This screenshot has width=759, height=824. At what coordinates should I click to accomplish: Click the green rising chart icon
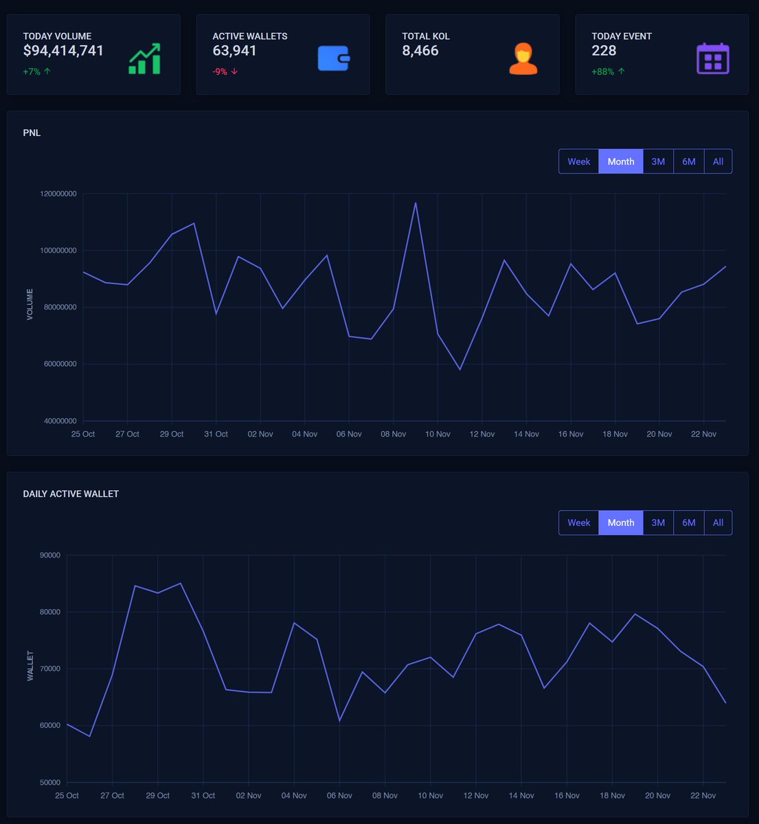tap(144, 59)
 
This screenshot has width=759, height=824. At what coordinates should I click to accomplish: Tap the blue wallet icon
tap(334, 59)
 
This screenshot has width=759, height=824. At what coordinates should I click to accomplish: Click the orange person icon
tap(523, 59)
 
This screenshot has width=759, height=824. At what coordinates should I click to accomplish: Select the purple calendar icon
tap(713, 59)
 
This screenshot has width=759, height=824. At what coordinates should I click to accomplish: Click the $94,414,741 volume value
tap(63, 51)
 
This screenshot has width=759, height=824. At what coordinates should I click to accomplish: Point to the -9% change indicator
tap(225, 71)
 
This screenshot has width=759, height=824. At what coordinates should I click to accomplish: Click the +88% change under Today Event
tap(608, 71)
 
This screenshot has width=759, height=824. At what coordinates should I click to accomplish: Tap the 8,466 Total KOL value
tap(420, 51)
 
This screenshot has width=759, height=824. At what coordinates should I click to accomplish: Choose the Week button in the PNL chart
tap(578, 161)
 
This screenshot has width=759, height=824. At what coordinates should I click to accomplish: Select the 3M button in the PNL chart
tap(658, 161)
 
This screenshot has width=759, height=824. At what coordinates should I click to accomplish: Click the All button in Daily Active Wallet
tap(718, 523)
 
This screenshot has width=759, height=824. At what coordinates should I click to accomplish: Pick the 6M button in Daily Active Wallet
tap(689, 523)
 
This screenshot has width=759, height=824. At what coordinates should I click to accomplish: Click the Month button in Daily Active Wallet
tap(621, 523)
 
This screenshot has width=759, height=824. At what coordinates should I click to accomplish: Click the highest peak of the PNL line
tap(416, 203)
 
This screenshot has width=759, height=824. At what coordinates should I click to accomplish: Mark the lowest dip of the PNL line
tap(460, 369)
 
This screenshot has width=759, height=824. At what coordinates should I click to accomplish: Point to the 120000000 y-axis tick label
tap(58, 194)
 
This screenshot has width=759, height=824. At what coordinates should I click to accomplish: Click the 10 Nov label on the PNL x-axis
tap(438, 434)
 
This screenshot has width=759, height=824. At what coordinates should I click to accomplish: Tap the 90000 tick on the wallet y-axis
tap(50, 555)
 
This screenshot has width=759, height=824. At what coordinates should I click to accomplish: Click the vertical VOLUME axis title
tap(30, 304)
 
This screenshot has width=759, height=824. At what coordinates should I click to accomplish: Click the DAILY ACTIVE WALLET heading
tap(71, 494)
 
